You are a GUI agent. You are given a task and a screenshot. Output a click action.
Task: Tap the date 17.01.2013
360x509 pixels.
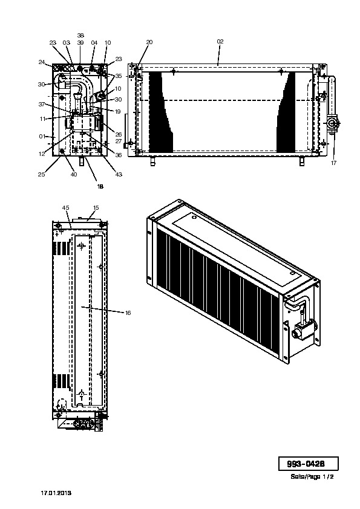point(56,493)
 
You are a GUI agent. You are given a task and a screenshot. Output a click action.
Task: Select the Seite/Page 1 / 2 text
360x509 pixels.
point(312,476)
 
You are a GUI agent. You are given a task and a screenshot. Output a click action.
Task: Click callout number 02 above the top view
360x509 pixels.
point(220,42)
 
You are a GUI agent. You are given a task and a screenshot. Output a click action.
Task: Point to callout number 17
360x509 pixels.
point(334,163)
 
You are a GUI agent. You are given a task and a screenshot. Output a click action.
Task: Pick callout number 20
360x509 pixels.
point(149,42)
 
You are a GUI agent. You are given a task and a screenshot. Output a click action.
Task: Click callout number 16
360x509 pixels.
point(128,313)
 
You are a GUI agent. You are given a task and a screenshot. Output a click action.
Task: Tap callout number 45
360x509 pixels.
point(65,208)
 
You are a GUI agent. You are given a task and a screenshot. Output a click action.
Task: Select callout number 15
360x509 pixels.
point(96,208)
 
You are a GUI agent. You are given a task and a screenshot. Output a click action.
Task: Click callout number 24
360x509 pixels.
point(41,62)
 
